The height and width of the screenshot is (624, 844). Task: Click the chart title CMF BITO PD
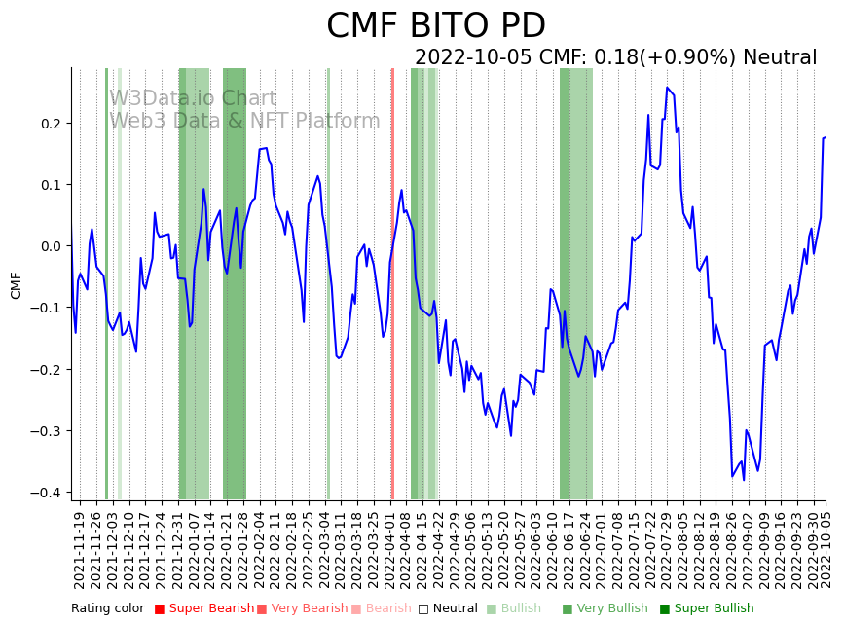pos(435,25)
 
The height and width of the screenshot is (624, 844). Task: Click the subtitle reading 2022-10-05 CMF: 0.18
pos(615,57)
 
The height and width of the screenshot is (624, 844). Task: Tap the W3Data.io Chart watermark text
pos(193,98)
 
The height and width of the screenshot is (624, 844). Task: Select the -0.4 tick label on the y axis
pos(48,493)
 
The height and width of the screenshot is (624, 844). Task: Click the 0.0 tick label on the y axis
pos(52,246)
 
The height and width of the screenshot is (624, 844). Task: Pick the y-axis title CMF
pos(16,285)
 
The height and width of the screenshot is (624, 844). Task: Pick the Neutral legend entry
pos(451,608)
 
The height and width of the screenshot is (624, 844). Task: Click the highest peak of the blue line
pos(667,88)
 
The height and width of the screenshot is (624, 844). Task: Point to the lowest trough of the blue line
pos(744,479)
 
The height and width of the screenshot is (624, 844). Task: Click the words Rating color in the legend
pos(107,608)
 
